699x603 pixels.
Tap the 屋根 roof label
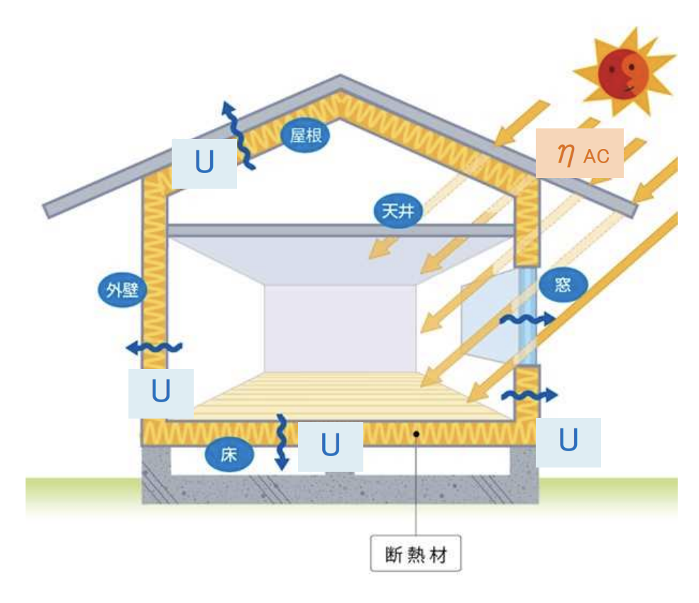tap(306, 135)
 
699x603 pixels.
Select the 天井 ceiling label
tap(398, 211)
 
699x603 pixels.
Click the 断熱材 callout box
tap(416, 553)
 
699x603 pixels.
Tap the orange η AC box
tap(579, 153)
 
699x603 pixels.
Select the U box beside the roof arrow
tap(204, 163)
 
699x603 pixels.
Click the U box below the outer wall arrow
tap(161, 393)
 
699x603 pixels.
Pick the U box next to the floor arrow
tap(331, 446)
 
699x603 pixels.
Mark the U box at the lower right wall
tap(568, 442)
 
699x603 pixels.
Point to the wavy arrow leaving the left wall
tap(153, 347)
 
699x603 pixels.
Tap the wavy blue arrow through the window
tap(527, 320)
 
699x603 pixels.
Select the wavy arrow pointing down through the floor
tap(282, 441)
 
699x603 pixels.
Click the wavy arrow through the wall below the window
tap(529, 394)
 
